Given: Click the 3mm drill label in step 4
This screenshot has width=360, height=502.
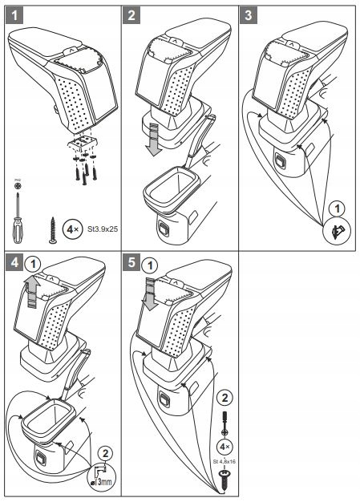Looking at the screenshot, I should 101,482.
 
